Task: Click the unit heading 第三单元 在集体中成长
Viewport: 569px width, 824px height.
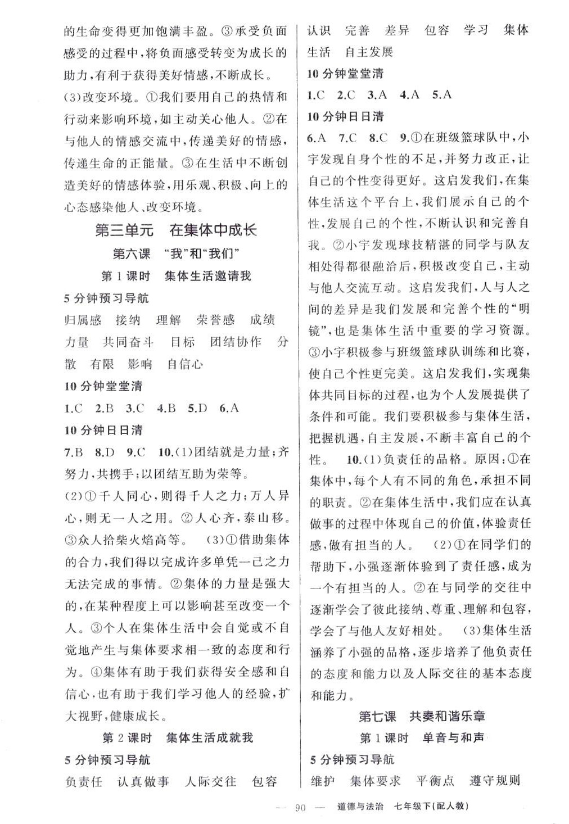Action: (176, 230)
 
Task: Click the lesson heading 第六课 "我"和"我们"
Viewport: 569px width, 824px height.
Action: (176, 253)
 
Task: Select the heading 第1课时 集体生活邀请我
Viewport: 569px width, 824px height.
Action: (176, 276)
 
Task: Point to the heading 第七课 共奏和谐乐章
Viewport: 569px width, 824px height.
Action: (421, 716)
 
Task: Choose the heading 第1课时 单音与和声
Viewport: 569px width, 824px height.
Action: (422, 738)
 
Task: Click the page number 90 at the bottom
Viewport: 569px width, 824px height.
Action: (300, 808)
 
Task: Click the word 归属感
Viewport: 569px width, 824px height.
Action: (83, 320)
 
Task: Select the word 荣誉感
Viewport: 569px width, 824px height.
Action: (215, 320)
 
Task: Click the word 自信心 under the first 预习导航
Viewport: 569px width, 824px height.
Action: (185, 364)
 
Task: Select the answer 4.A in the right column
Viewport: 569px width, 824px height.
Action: (410, 95)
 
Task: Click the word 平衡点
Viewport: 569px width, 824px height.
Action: (435, 781)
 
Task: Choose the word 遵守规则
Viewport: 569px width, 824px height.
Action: (495, 781)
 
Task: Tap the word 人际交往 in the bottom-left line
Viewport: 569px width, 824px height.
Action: (210, 782)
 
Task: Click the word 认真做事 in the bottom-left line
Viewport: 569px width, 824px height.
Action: (143, 782)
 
